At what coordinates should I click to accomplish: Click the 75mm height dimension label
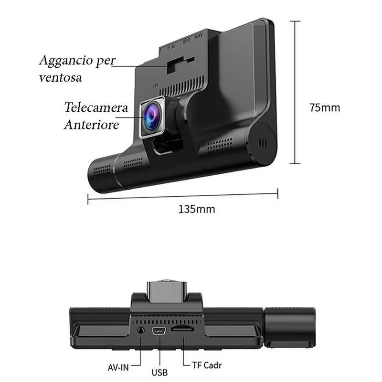325,107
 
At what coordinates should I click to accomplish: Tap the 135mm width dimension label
197,209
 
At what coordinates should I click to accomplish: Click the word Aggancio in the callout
66,61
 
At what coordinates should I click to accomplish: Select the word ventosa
60,78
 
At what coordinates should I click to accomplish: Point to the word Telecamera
96,107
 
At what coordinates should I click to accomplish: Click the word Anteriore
91,125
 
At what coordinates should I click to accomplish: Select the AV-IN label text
118,367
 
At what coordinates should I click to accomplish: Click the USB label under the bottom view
159,372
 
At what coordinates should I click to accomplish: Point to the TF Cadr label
207,365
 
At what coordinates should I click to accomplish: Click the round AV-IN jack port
140,330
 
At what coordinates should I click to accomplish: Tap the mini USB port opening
159,331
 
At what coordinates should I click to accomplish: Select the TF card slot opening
182,329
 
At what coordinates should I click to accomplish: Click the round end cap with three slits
263,143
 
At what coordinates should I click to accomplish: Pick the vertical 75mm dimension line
295,92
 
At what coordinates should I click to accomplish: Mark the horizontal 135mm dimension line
183,196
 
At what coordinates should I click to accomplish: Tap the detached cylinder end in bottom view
290,328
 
